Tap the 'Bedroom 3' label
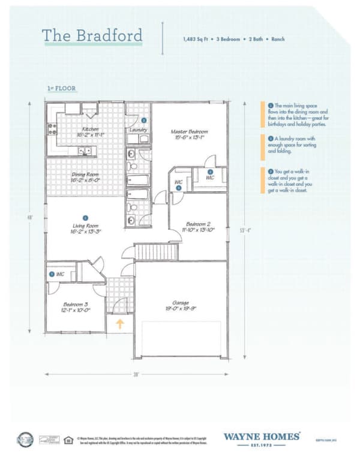(76, 307)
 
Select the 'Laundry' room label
(138, 130)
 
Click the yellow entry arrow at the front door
(120, 324)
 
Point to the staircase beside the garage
(156, 251)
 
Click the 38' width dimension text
(137, 374)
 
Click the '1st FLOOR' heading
(61, 88)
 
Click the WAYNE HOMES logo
(262, 438)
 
